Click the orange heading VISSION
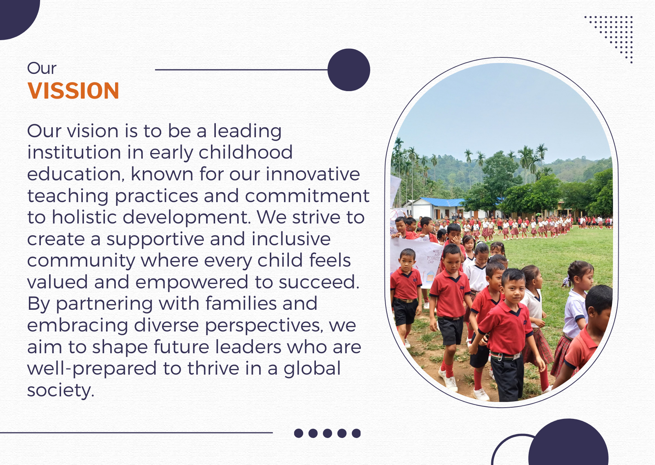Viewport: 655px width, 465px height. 73,91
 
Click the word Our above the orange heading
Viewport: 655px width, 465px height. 42,68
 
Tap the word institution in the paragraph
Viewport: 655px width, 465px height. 74,152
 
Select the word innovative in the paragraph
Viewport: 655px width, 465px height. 313,174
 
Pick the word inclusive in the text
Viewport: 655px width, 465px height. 291,239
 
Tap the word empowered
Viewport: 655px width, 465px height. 192,282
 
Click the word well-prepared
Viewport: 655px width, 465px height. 92,369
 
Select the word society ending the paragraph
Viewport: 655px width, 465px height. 61,390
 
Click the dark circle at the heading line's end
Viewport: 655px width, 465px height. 349,70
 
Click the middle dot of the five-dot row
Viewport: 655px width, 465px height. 327,433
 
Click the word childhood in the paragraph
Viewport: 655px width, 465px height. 246,152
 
